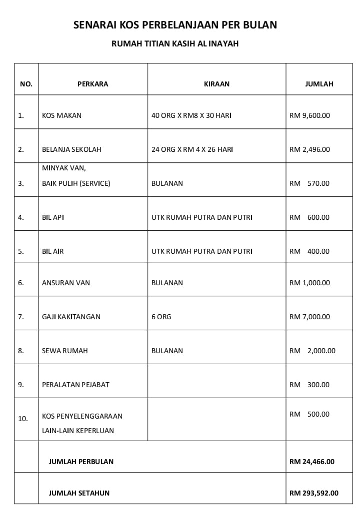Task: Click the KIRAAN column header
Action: (216, 84)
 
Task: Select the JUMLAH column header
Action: (319, 84)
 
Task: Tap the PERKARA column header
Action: (92, 84)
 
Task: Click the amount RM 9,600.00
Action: (309, 115)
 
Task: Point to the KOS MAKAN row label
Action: (61, 115)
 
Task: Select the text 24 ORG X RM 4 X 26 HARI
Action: (192, 149)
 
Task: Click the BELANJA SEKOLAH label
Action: (71, 149)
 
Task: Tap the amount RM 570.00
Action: (309, 183)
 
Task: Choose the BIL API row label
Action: (53, 217)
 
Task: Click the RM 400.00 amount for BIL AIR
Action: (309, 251)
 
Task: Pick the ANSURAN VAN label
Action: (66, 283)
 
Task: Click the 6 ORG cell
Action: (161, 317)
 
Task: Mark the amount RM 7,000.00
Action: (309, 317)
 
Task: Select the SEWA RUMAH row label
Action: (64, 351)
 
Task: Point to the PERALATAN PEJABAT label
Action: (75, 385)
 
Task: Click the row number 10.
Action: (23, 419)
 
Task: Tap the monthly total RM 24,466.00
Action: (312, 462)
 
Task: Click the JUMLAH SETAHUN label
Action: (79, 493)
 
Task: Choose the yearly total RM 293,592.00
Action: (314, 493)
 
